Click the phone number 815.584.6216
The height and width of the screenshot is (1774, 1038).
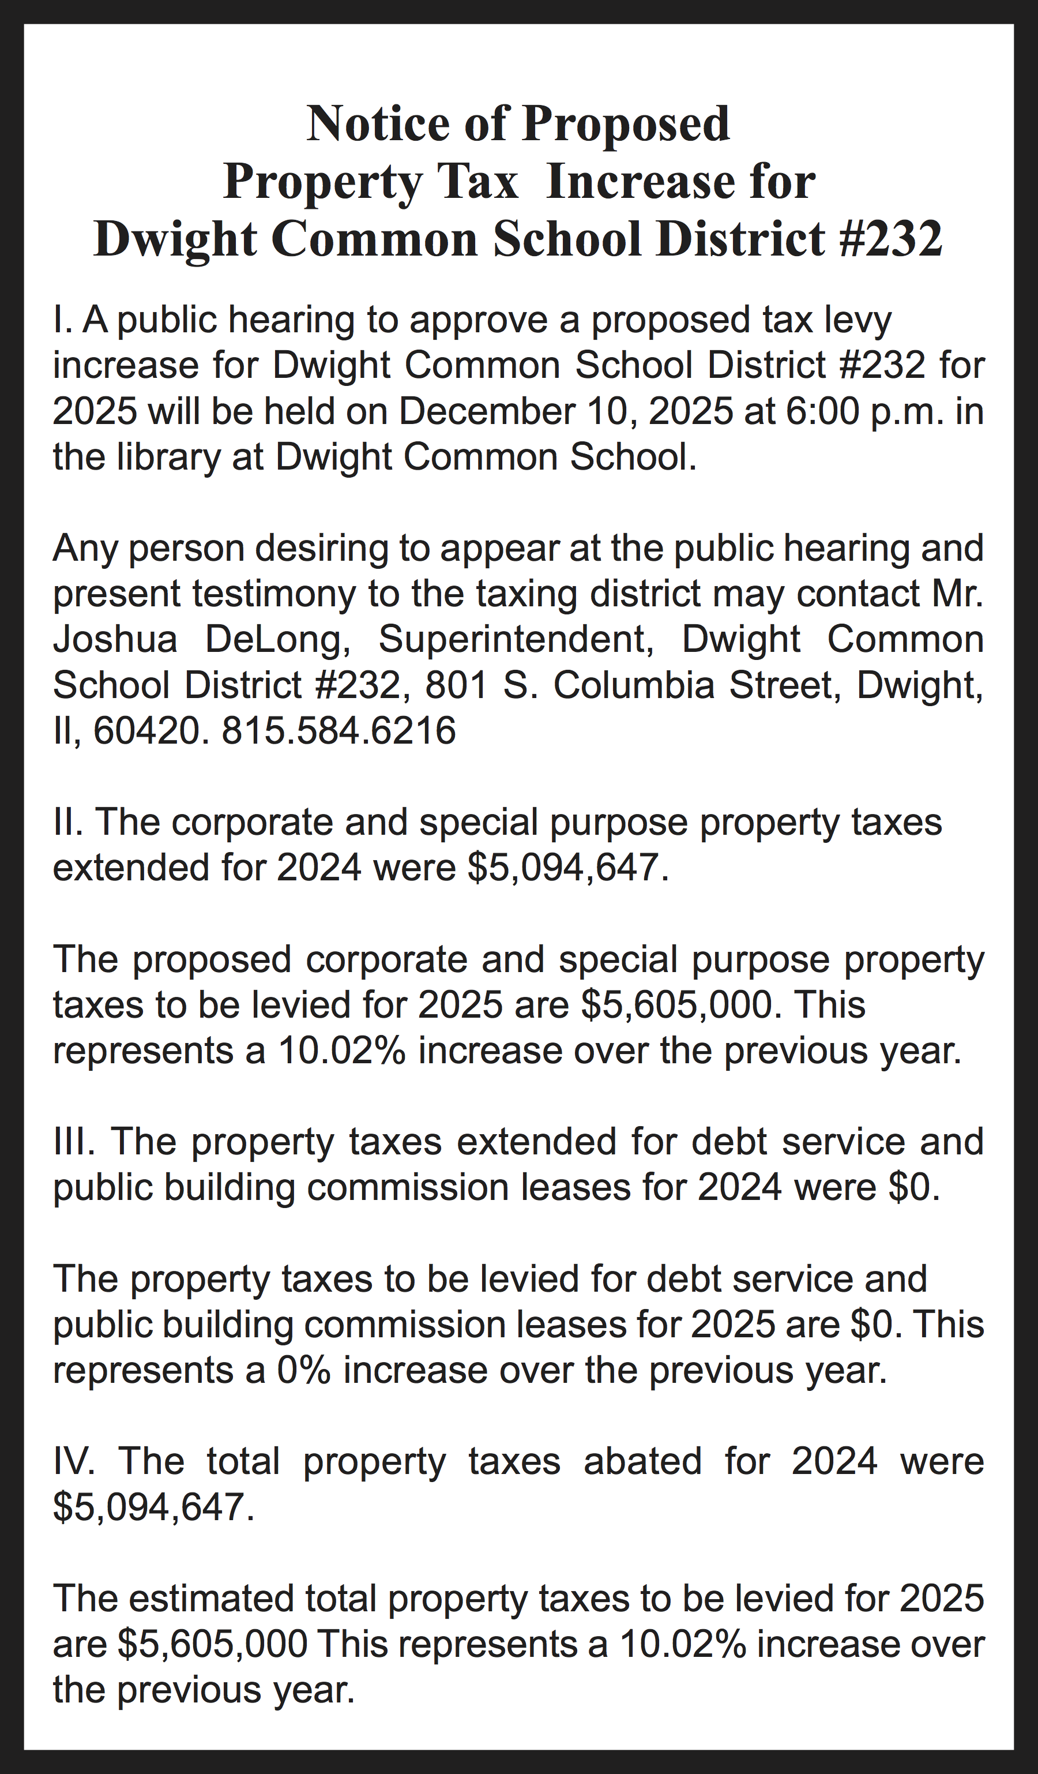pyautogui.click(x=339, y=731)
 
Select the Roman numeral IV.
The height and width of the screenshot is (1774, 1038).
pyautogui.click(x=74, y=1461)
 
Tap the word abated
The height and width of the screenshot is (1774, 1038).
pyautogui.click(x=642, y=1461)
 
